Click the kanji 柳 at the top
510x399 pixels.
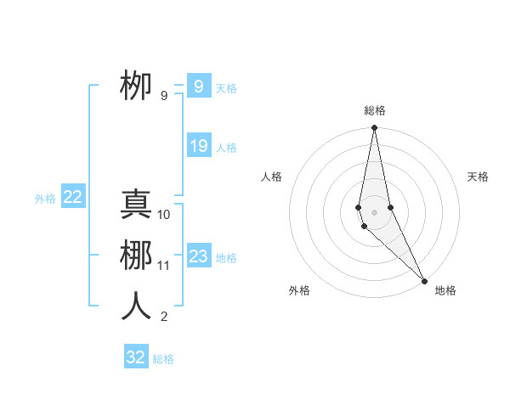tap(136, 85)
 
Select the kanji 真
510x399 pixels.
tap(136, 205)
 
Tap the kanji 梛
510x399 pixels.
tap(136, 256)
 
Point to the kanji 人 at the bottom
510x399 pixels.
tap(136, 306)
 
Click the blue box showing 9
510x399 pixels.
tap(198, 87)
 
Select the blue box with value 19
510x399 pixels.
tap(198, 146)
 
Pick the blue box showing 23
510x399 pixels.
tap(198, 256)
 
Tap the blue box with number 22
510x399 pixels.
tap(72, 197)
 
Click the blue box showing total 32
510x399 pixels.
tap(136, 357)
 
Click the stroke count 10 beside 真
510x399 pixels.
tap(164, 215)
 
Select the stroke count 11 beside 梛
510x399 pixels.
tap(164, 266)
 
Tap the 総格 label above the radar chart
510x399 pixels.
tap(375, 110)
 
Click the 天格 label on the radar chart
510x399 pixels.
tap(479, 177)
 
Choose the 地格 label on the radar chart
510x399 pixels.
tap(445, 290)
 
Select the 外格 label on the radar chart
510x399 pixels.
tap(299, 290)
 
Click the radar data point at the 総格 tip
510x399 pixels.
tap(375, 128)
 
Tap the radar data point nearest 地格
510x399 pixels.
tap(424, 279)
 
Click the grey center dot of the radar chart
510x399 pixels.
tap(375, 211)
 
